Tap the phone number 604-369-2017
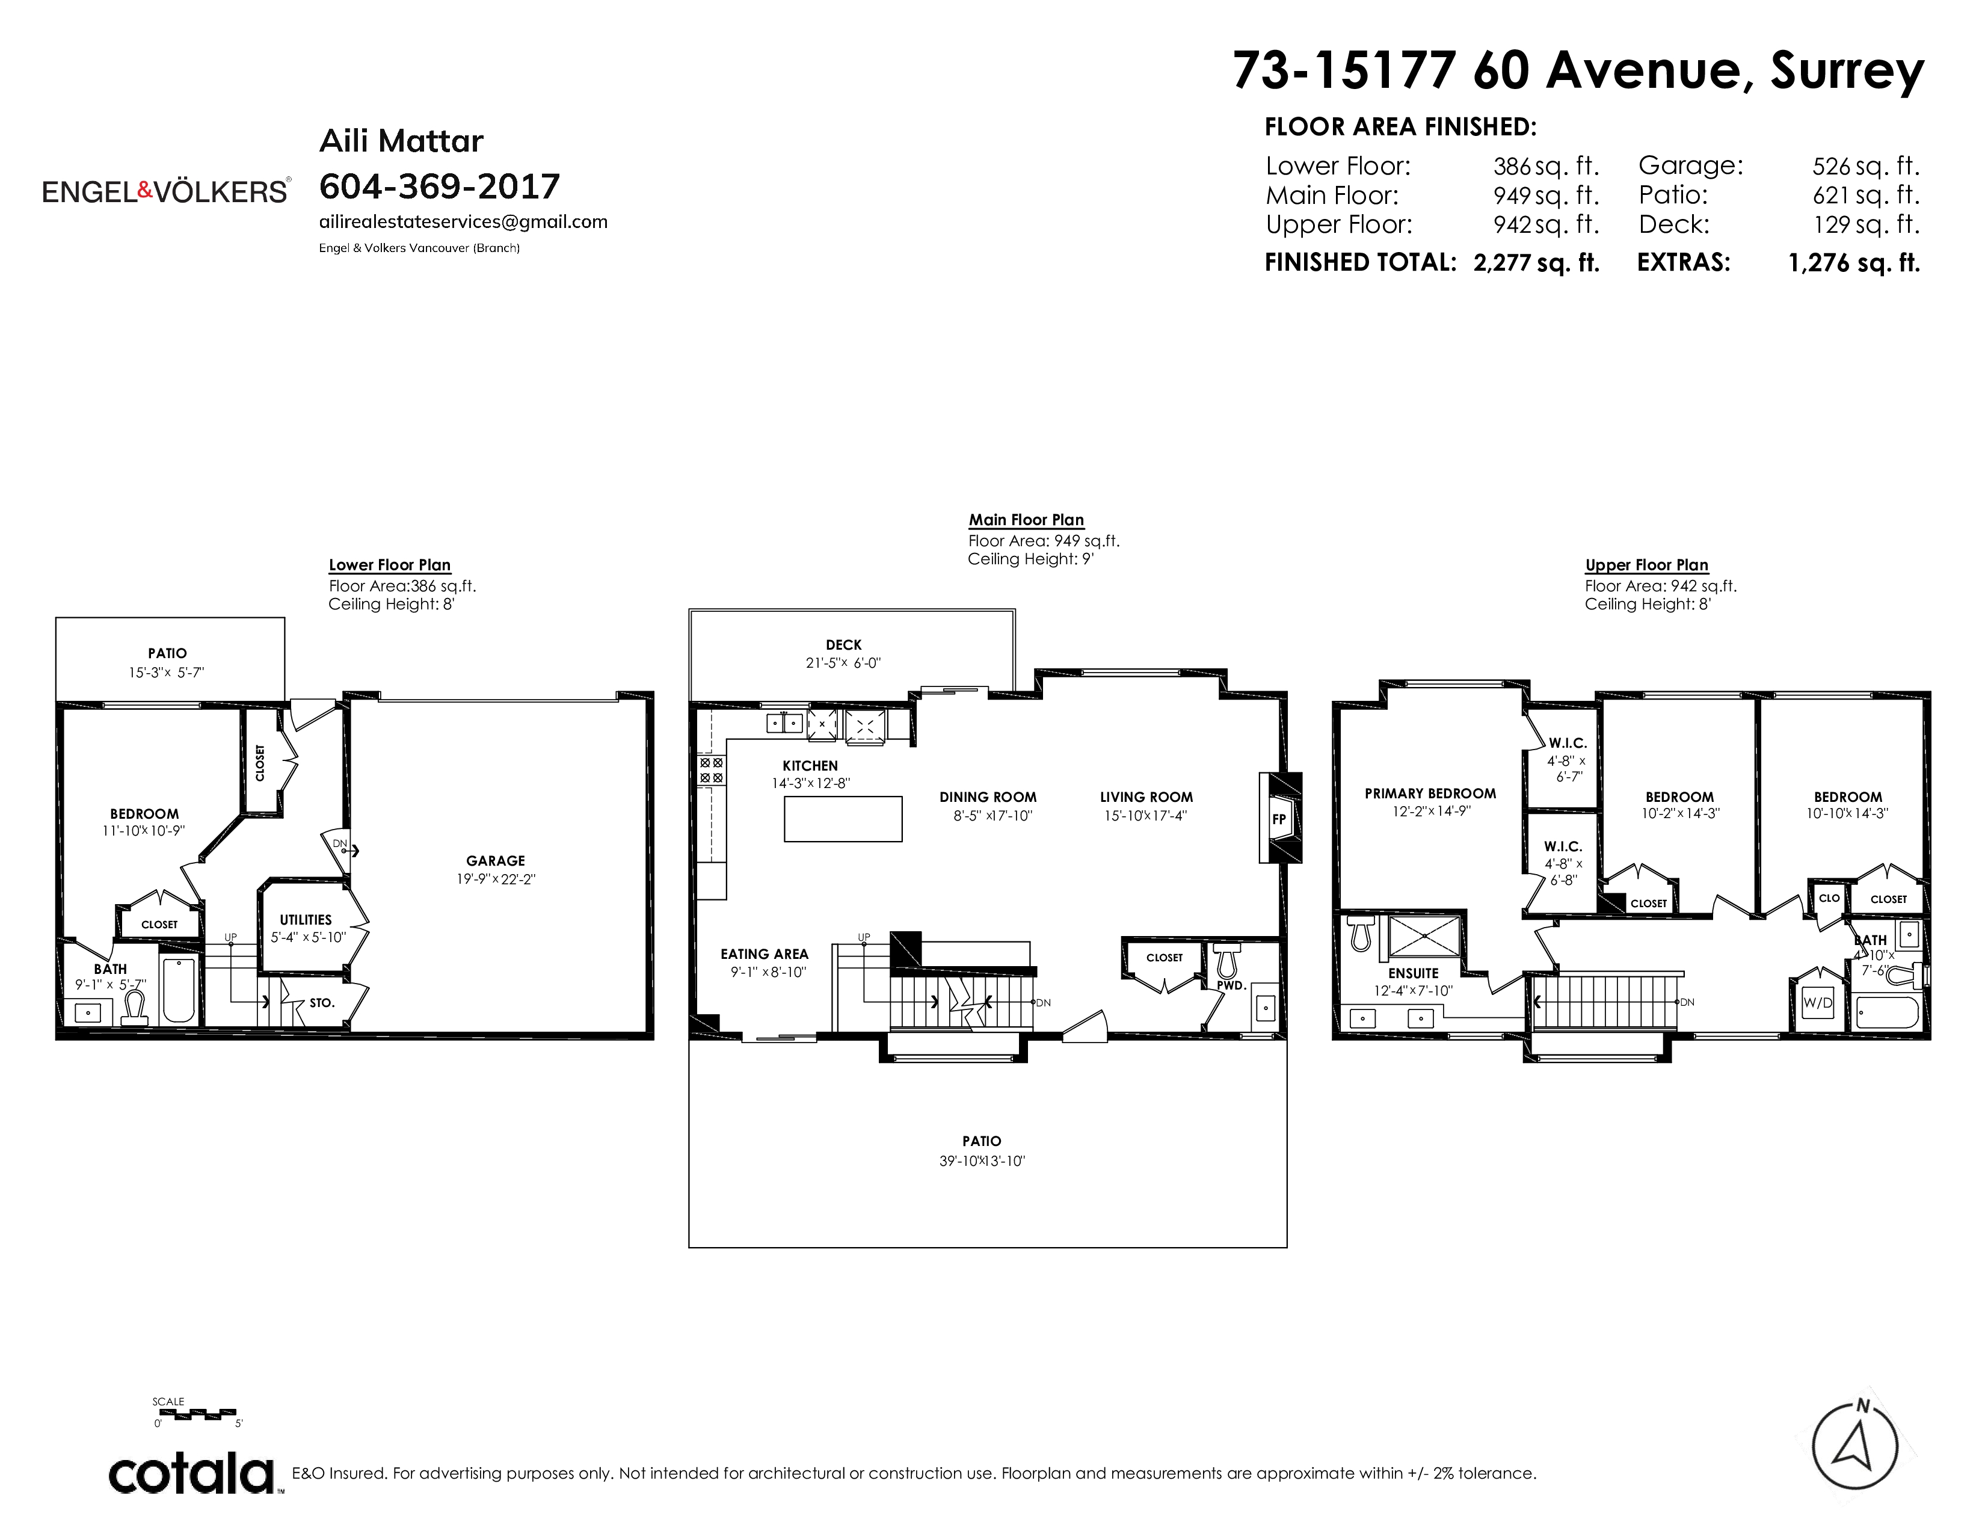coord(440,186)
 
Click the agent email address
coord(464,222)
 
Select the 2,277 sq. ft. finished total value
coord(1536,263)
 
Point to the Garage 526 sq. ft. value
coord(1866,166)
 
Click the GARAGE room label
coord(495,861)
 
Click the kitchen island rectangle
coord(843,819)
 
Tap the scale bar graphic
coord(197,1413)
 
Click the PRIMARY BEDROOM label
coord(1430,793)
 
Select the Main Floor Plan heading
coord(1026,520)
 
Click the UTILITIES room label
coord(306,920)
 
